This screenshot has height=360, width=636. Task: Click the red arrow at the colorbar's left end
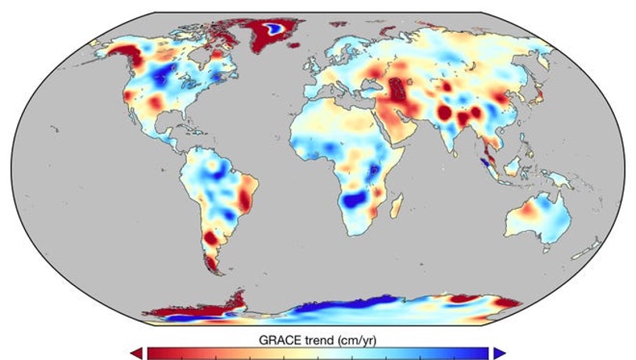pos(138,353)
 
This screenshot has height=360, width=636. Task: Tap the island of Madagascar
pos(398,204)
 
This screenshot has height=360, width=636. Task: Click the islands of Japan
pos(540,96)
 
